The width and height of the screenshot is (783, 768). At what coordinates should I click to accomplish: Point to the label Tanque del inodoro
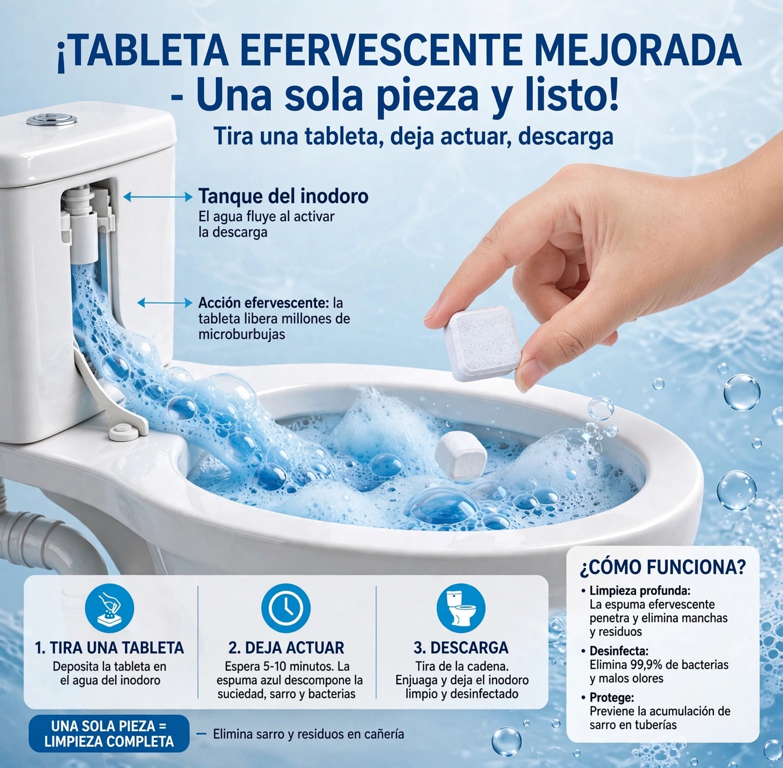[283, 196]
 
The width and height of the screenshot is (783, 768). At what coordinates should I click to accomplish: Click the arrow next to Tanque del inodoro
[158, 196]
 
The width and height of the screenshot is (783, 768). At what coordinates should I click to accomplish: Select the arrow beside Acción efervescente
[165, 303]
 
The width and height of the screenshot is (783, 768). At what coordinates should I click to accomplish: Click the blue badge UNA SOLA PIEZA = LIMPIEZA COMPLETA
[109, 733]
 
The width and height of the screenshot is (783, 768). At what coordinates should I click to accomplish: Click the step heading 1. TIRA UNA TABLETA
[110, 647]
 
